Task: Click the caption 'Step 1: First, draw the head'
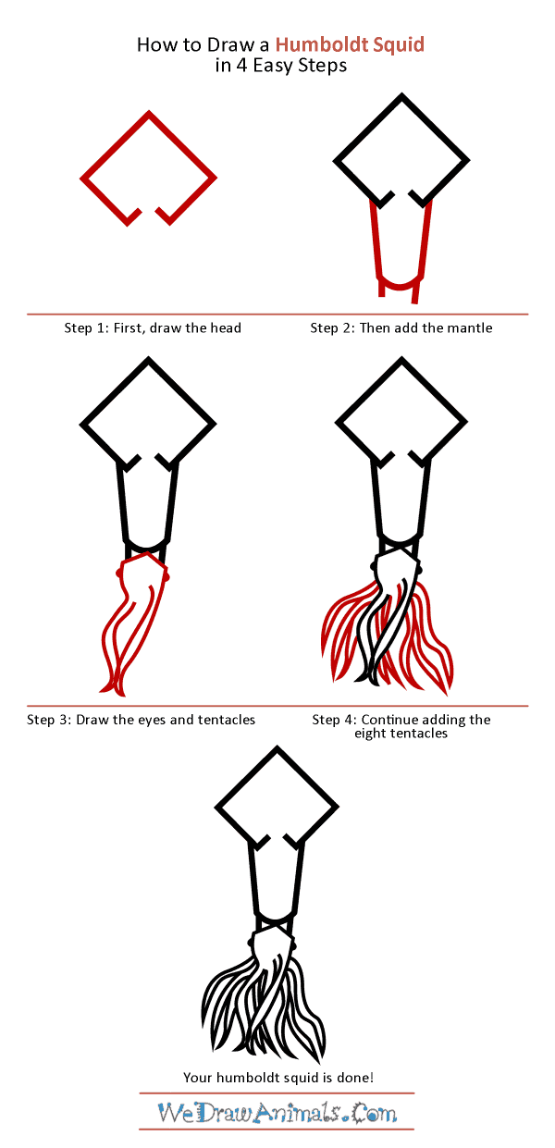point(153,327)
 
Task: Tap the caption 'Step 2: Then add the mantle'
point(401,327)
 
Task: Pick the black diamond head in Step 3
point(148,416)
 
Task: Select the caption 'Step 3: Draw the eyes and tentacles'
point(141,720)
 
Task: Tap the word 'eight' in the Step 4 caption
point(373,734)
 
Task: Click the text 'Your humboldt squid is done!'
point(277,1077)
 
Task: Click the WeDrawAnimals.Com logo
point(277,1112)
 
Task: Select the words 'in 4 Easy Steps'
point(277,66)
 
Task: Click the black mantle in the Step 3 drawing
point(148,504)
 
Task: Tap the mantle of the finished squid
point(276,888)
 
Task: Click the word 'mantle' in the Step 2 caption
point(472,327)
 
